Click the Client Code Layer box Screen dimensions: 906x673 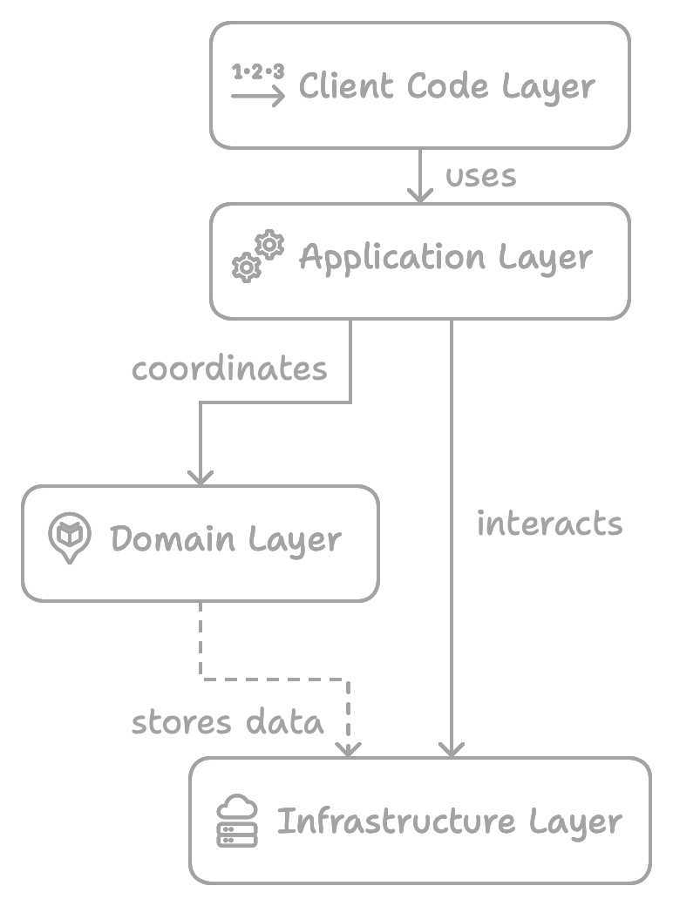click(x=419, y=85)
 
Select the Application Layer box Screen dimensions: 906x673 click(x=419, y=260)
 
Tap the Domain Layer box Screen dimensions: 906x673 click(x=200, y=543)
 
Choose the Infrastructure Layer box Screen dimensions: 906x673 click(x=419, y=820)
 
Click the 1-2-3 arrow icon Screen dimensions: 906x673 click(x=258, y=85)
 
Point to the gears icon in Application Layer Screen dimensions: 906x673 click(x=258, y=256)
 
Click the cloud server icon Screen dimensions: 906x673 click(x=237, y=821)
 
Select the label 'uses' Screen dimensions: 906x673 click(x=481, y=176)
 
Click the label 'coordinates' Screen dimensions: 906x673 click(x=229, y=369)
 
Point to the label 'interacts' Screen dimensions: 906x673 click(x=549, y=524)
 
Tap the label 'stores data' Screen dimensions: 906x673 click(x=228, y=722)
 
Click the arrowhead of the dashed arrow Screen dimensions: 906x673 click(x=349, y=748)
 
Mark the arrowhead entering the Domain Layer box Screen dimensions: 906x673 click(x=201, y=477)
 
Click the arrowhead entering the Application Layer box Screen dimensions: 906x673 click(x=420, y=196)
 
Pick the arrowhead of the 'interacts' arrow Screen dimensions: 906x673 click(x=452, y=748)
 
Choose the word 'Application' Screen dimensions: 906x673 click(x=392, y=259)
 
